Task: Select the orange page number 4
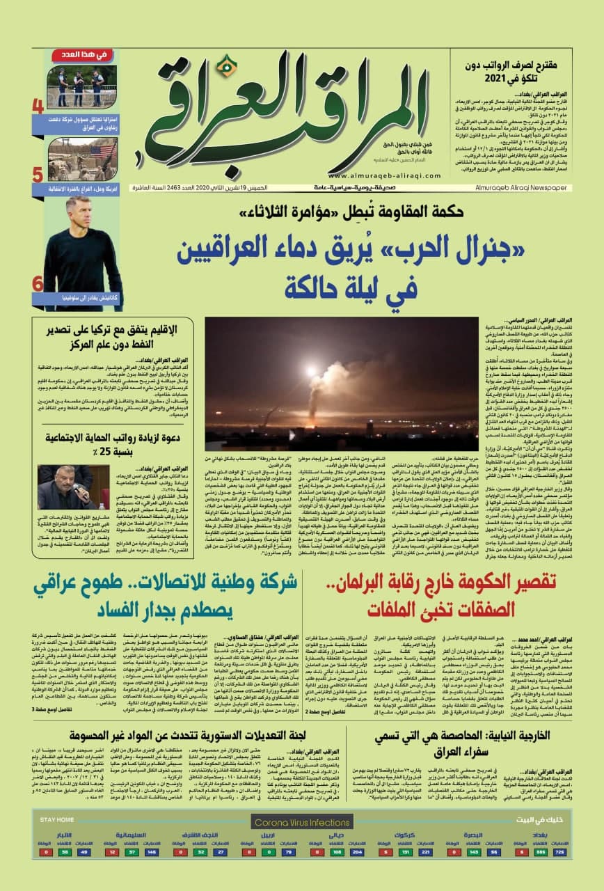pos(38,108)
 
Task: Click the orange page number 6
pos(38,283)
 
